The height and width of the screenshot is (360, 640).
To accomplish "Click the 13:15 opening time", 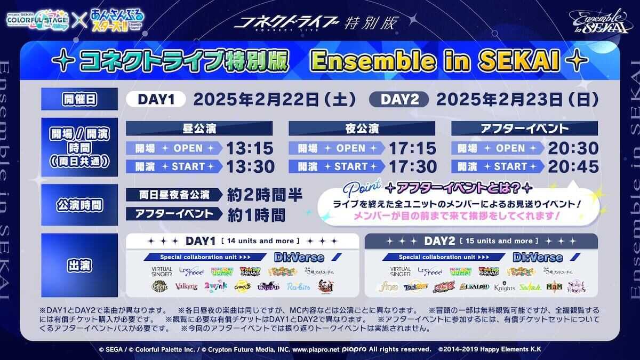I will coord(250,148).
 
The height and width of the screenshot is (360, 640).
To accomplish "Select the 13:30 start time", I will coord(250,166).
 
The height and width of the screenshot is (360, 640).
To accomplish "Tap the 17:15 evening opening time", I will coord(412,148).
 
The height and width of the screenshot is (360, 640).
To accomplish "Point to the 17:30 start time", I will coord(412,166).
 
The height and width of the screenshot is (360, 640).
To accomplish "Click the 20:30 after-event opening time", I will coord(574,148).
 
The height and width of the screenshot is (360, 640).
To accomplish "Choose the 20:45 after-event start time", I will coord(574,166).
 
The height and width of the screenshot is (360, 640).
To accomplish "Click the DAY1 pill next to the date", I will coord(155,99).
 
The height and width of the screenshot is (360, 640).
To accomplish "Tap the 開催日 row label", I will coord(79,99).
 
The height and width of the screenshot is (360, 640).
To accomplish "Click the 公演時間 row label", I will coord(79,205).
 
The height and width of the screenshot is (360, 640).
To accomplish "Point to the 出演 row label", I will coord(79,265).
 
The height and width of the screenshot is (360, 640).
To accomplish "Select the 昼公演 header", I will coord(199,129).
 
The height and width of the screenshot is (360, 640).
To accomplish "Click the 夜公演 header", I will coord(362,129).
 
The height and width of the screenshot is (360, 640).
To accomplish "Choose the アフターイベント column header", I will coord(524,129).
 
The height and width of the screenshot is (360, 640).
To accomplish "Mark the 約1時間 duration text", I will coord(256,214).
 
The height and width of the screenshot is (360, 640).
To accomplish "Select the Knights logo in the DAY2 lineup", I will coord(505,287).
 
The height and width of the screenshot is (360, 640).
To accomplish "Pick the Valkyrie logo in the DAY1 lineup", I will coord(186,286).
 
